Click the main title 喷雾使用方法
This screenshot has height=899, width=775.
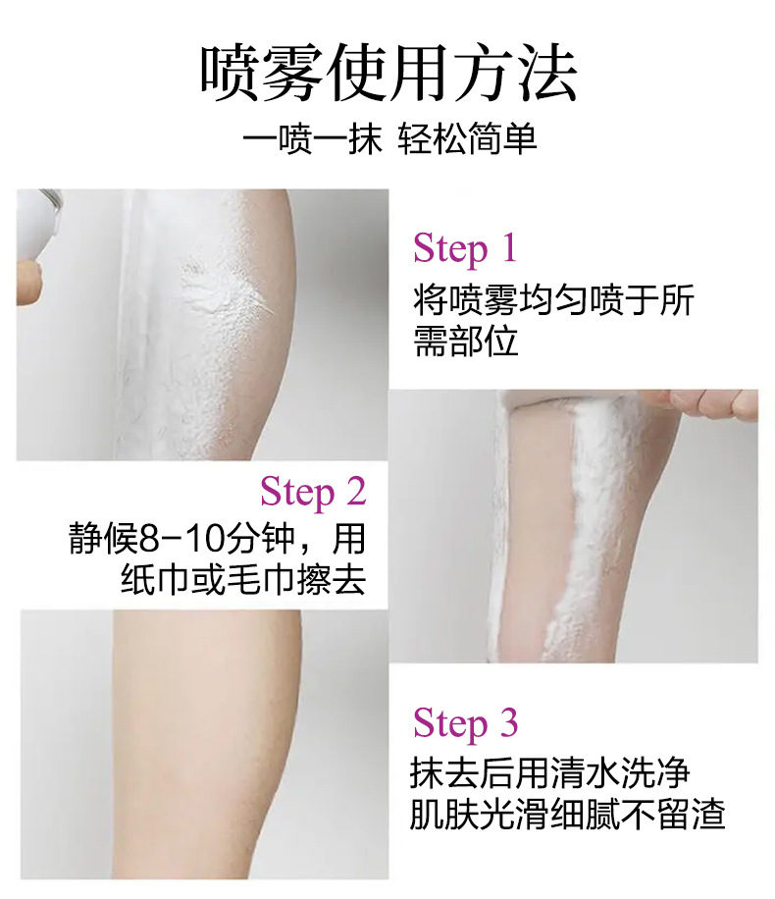tap(387, 73)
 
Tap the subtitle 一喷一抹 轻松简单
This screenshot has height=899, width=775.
tap(389, 138)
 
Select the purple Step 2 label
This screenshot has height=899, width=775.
tap(313, 491)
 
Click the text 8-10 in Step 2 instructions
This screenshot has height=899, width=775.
tap(179, 540)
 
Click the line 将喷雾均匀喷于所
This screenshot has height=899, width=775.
tap(553, 299)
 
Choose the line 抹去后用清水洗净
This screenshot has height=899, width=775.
tap(549, 772)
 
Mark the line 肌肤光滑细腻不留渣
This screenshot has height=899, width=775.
tap(567, 814)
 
